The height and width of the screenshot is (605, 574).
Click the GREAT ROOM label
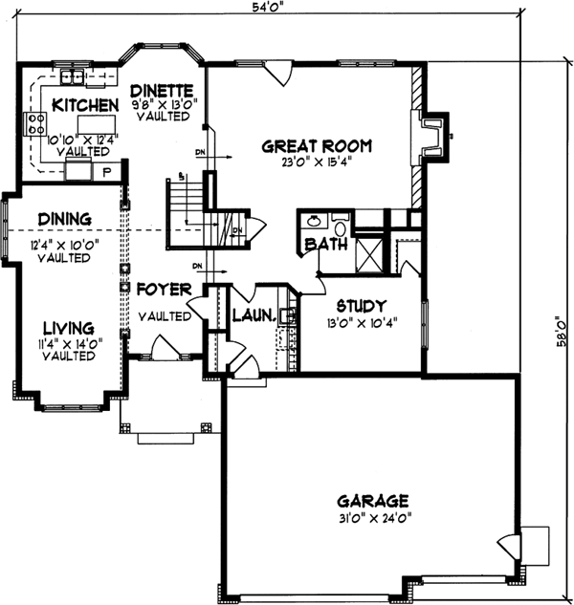(x=317, y=146)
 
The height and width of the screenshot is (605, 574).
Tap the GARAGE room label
(x=373, y=500)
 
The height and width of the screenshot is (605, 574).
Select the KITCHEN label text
(x=85, y=104)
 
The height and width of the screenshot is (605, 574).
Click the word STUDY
(x=361, y=306)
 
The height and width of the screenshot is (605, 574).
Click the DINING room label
(x=58, y=218)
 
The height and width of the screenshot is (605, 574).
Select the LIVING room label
(x=66, y=327)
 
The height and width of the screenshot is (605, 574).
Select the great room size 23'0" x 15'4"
(x=317, y=162)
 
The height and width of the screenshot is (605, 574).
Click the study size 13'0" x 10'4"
(x=361, y=321)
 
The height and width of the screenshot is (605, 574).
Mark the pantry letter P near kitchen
(x=106, y=172)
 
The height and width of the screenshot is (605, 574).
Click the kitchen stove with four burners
(x=36, y=123)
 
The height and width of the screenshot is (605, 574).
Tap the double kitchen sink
(x=72, y=77)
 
